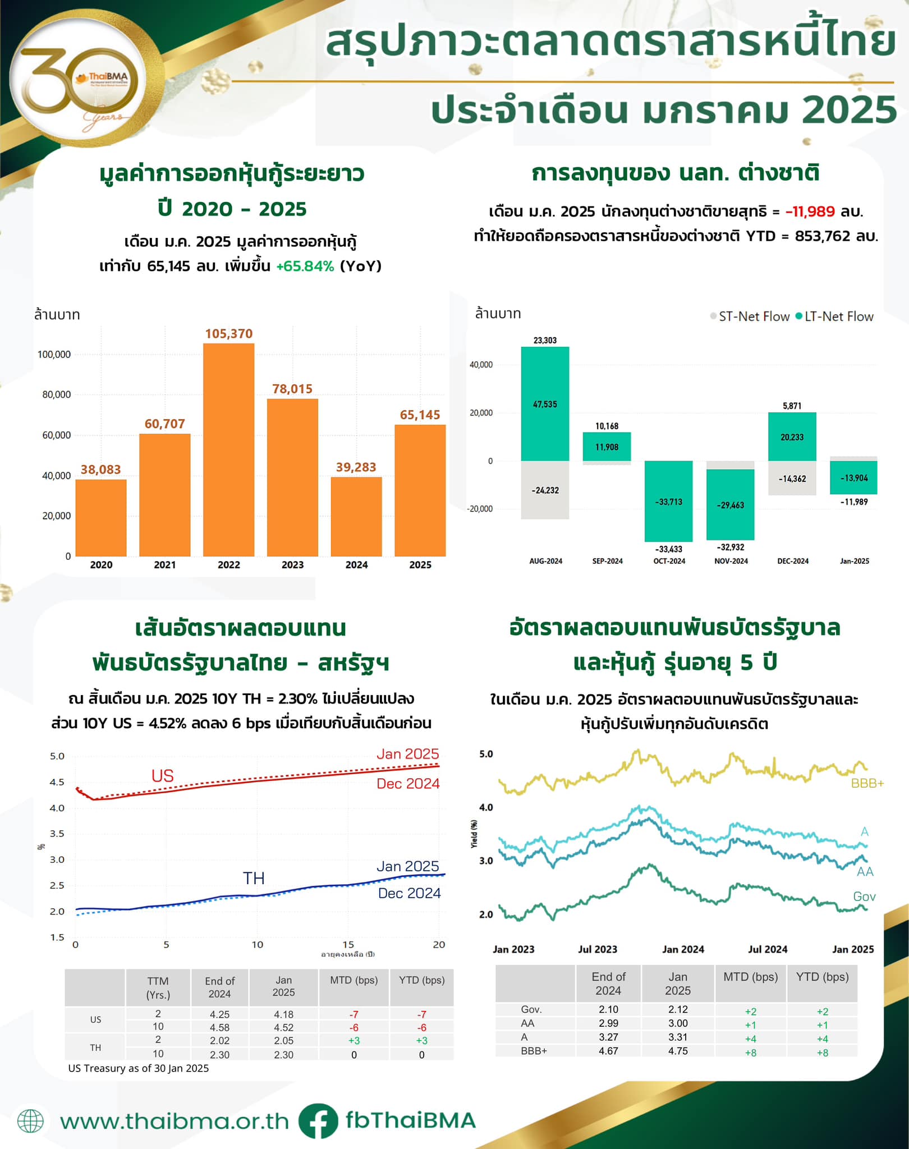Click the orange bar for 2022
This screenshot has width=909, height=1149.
coord(228,449)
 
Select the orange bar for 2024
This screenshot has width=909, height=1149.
coord(356,516)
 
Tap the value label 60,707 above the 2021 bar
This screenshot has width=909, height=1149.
coord(164,424)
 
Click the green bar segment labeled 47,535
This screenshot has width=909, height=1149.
coord(545,404)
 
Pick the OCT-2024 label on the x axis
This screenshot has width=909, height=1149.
coord(669,561)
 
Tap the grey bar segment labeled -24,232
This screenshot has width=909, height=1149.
coord(545,490)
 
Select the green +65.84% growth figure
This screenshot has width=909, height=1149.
coord(305,266)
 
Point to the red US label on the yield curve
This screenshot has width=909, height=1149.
coord(163,776)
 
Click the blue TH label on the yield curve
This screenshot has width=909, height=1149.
coord(254,878)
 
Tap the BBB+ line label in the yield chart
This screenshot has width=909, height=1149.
coord(867,783)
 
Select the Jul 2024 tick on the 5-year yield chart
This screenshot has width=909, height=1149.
coord(768,949)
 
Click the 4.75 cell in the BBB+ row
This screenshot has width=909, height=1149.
coord(678,1051)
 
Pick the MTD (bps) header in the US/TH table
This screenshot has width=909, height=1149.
coord(353,980)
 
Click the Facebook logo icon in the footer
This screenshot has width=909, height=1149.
coord(318,1120)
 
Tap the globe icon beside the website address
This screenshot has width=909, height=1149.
coord(30,1121)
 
